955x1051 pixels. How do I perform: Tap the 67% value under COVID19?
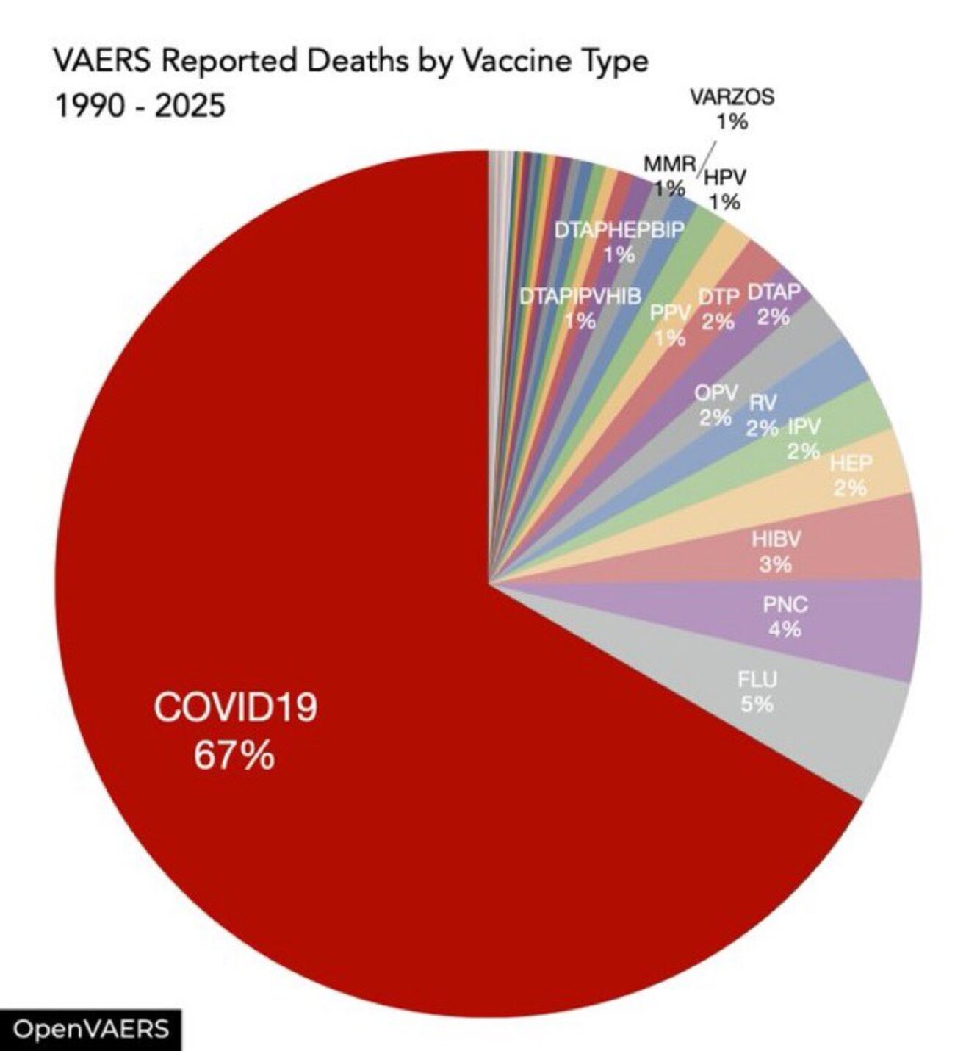[x=234, y=755]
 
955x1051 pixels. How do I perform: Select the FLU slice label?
[x=757, y=679]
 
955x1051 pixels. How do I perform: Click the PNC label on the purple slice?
[x=785, y=605]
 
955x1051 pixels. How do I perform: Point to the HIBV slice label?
[x=776, y=539]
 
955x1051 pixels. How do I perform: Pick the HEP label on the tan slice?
[x=851, y=464]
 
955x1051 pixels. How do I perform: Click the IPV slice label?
[x=804, y=426]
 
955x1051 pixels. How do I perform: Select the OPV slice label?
[x=716, y=392]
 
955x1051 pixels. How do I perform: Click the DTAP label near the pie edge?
[x=774, y=292]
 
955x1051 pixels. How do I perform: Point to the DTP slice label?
[x=718, y=297]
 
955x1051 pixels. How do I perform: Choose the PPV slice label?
[x=670, y=314]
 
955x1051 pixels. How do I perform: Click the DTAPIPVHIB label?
[x=580, y=296]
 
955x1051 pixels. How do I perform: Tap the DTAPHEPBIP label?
[x=619, y=230]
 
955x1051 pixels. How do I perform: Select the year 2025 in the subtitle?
[x=190, y=107]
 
